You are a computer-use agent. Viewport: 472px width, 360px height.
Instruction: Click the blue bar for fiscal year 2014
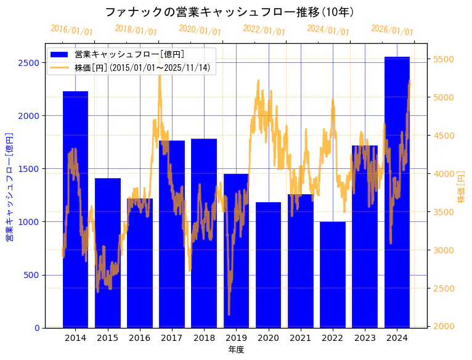click(x=75, y=210)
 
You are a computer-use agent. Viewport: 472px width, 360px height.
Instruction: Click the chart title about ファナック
click(x=229, y=12)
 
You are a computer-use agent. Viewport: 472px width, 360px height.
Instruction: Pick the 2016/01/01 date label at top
click(x=72, y=30)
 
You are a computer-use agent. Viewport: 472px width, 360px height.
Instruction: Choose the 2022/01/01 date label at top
click(x=264, y=30)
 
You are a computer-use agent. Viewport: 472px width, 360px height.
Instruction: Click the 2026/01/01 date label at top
click(x=393, y=30)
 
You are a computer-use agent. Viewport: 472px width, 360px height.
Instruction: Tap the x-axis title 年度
click(x=236, y=350)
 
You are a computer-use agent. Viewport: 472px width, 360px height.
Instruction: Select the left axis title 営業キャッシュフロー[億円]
click(x=9, y=186)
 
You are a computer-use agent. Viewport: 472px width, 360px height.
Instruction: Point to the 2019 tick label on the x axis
click(x=236, y=338)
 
